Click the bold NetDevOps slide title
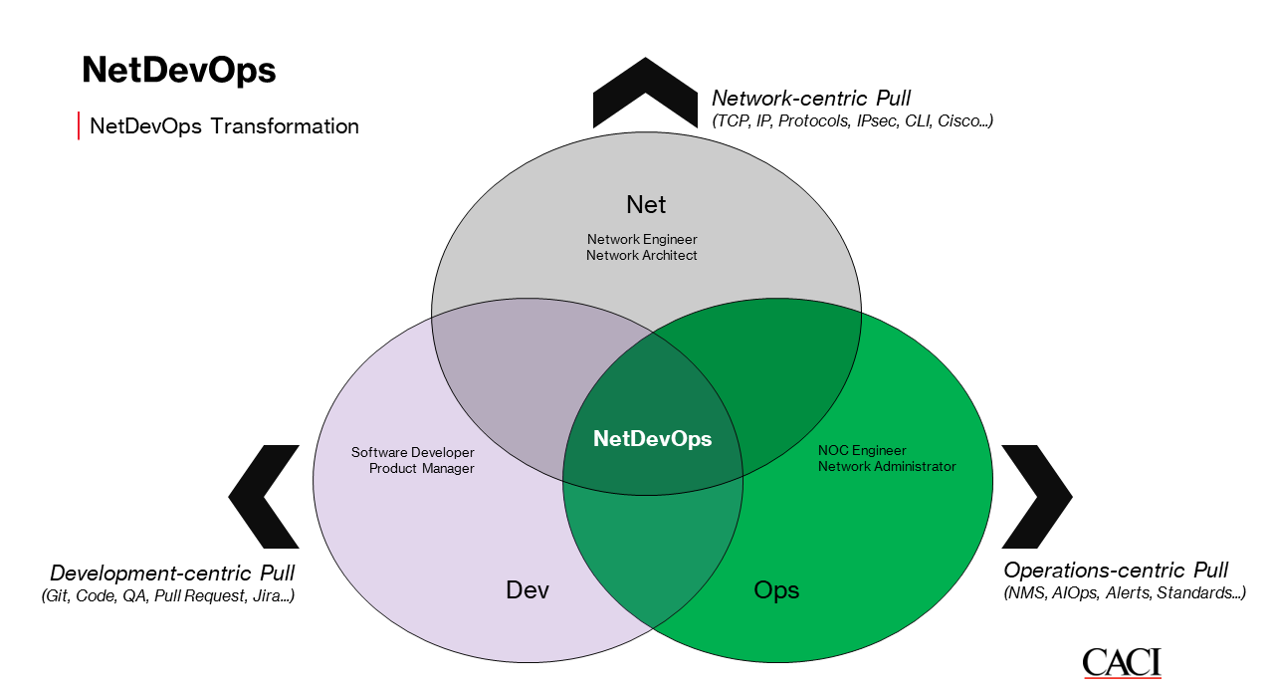pos(178,71)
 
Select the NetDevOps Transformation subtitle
pos(224,126)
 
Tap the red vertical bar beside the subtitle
pos(79,126)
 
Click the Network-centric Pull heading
pos(811,98)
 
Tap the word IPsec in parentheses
pos(879,120)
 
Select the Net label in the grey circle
pos(646,204)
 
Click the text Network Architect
pos(642,255)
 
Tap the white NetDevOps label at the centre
pos(652,438)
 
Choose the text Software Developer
pos(412,452)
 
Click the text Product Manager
pos(421,468)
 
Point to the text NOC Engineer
pos(862,450)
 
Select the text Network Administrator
pos(887,466)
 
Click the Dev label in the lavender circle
pos(528,589)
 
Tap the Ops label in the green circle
pos(776,589)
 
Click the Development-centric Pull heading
pos(172,574)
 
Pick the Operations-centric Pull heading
pos(1116,571)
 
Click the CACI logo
pos(1122,662)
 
